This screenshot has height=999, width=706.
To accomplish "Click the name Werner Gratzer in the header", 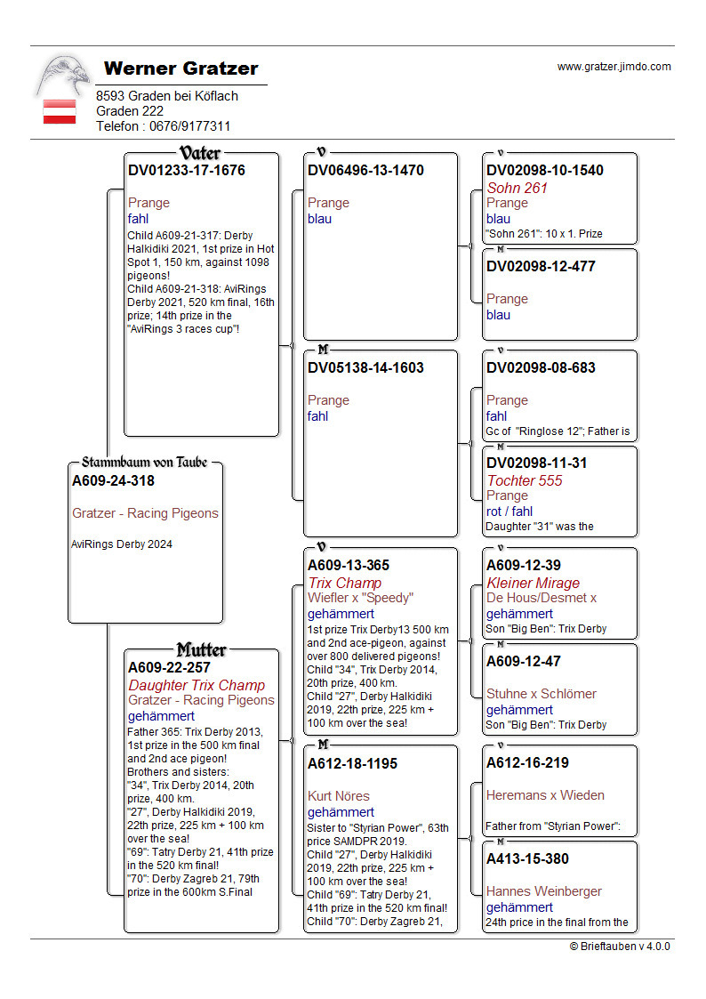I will click(181, 68).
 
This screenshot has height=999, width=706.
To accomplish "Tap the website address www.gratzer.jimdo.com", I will click(614, 67).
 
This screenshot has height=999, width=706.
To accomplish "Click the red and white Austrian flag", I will click(60, 111).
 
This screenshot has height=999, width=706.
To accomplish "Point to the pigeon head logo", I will click(63, 75).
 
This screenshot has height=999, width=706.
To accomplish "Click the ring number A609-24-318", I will click(113, 481).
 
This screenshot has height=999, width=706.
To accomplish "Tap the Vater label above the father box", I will click(200, 153).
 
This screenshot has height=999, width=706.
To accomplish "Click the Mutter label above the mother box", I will click(202, 649).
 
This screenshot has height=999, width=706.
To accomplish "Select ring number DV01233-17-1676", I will click(187, 170).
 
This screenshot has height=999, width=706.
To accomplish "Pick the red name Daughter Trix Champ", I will click(197, 685).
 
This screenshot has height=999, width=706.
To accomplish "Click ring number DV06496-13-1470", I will click(365, 170).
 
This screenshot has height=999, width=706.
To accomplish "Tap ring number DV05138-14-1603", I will click(365, 367).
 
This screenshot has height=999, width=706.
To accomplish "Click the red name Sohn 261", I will click(517, 188).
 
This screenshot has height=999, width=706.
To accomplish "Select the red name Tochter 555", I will click(525, 480).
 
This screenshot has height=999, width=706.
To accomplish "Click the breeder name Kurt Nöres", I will click(339, 795).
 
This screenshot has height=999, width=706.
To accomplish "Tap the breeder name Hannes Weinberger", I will click(544, 890).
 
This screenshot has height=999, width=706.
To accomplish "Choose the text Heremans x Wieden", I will click(545, 795).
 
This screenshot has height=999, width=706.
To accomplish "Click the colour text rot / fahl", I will click(509, 512).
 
